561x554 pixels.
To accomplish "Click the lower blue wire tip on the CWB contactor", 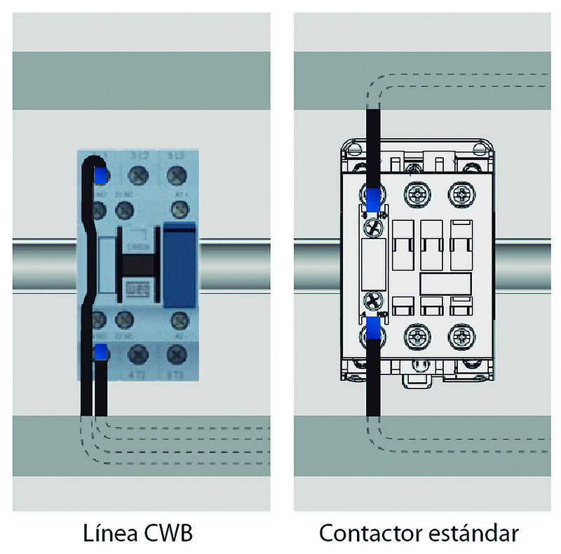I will point(101,352).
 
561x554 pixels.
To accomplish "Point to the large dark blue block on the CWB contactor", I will point(180,264).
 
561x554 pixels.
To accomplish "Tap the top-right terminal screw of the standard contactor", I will point(461,191).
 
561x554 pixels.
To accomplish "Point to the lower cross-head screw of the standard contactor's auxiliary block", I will point(372,300).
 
